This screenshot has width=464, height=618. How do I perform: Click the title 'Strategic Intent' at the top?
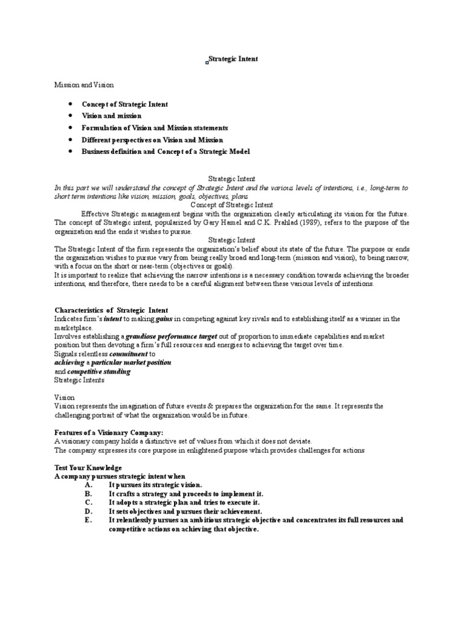pyautogui.click(x=233, y=59)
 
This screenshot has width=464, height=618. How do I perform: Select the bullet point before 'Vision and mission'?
pyautogui.click(x=71, y=116)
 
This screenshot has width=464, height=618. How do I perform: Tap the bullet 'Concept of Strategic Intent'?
pyautogui.click(x=125, y=104)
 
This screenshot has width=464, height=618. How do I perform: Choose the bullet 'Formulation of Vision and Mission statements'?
pyautogui.click(x=155, y=128)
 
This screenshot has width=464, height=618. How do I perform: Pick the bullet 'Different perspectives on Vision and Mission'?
pyautogui.click(x=152, y=140)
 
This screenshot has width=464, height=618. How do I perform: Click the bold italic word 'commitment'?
pyautogui.click(x=128, y=354)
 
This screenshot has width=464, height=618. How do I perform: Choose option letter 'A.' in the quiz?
pyautogui.click(x=88, y=485)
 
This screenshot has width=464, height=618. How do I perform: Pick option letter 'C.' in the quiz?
pyautogui.click(x=88, y=502)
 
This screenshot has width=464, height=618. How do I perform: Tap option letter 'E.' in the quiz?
pyautogui.click(x=88, y=520)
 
